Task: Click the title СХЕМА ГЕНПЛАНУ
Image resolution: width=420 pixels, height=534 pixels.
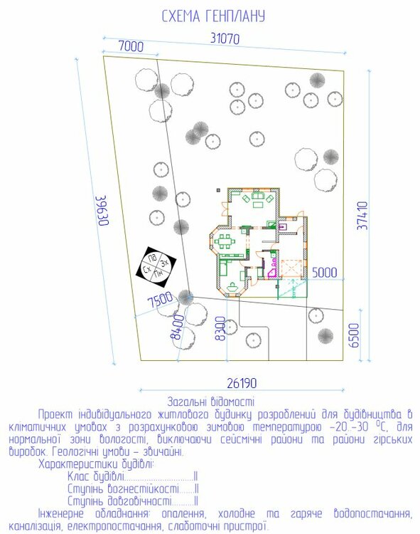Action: (213, 16)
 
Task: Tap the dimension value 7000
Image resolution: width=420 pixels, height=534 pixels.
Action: (131, 46)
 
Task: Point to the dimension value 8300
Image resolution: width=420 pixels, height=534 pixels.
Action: (220, 328)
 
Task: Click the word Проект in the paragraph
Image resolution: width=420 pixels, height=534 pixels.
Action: (56, 414)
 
